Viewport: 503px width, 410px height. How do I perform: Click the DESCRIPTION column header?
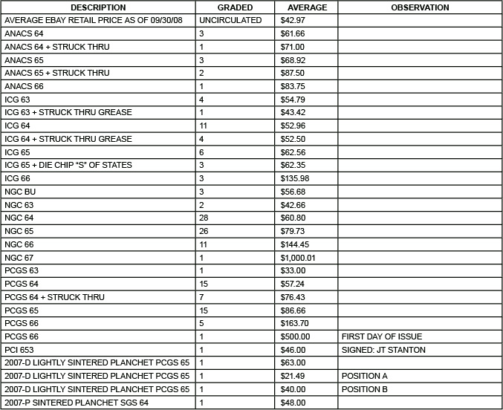click(98, 7)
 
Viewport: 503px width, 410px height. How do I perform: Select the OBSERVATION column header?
click(420, 7)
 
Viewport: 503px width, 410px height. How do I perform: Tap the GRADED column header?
click(235, 7)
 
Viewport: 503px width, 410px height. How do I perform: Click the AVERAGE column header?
click(306, 7)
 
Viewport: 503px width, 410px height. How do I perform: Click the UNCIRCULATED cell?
click(230, 21)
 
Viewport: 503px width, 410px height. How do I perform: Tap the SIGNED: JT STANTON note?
click(383, 350)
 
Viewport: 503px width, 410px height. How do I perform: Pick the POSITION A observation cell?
click(364, 377)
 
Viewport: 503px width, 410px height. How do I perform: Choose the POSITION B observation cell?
click(364, 389)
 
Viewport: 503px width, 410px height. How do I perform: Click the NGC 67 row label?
click(19, 258)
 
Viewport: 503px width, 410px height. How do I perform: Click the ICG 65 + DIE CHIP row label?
click(68, 166)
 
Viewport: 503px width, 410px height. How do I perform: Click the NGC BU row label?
click(20, 192)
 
